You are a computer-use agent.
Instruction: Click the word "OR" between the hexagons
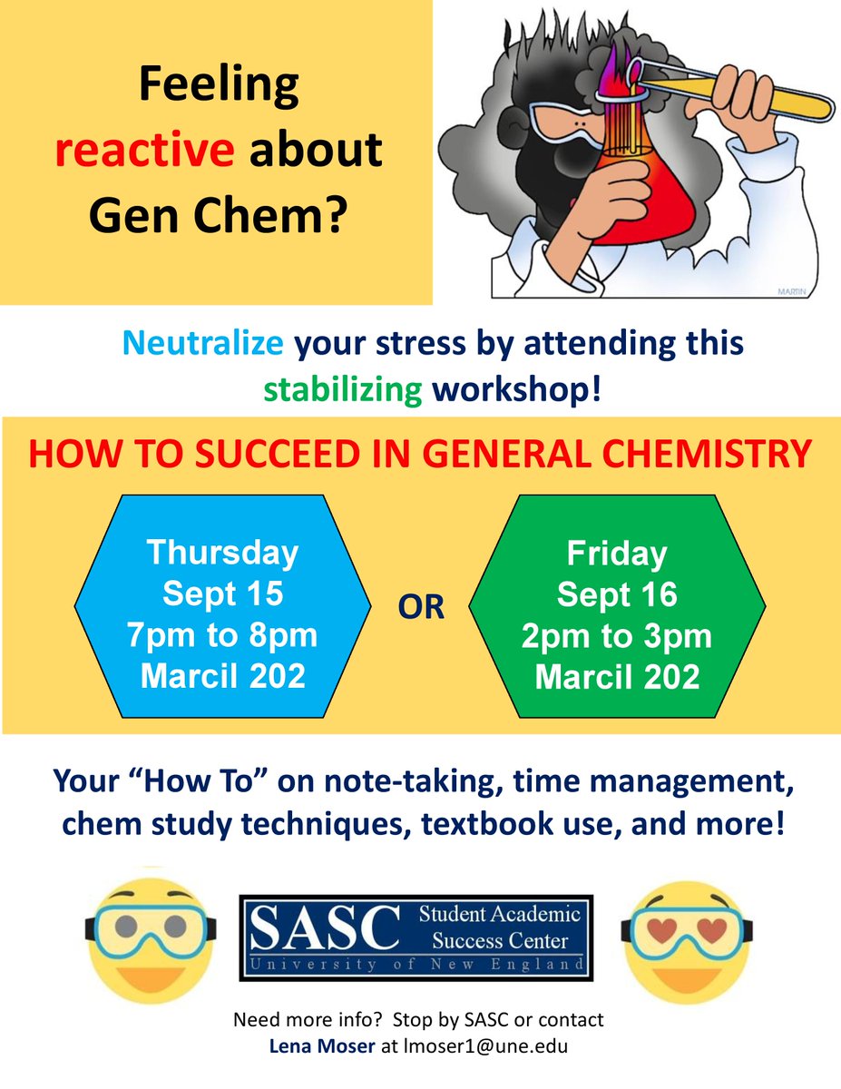tap(420, 607)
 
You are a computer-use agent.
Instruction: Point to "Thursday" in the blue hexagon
tap(222, 553)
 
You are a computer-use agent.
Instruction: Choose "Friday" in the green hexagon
tap(617, 553)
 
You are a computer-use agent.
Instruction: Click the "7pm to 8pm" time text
tap(222, 635)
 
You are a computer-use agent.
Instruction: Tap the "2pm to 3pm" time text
tap(617, 635)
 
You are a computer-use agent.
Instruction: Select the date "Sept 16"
tap(617, 594)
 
